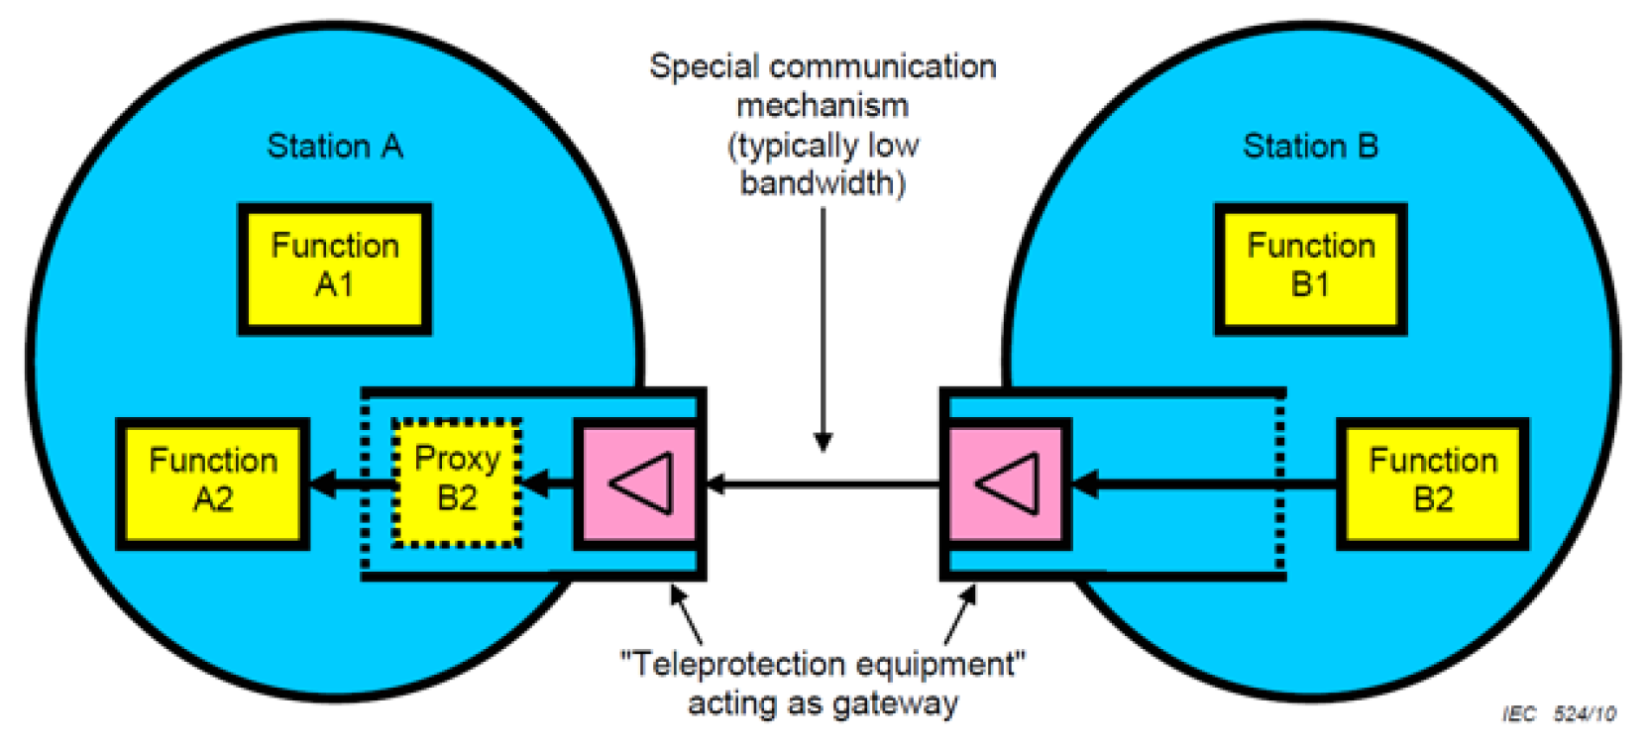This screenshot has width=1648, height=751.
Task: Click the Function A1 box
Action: click(x=334, y=268)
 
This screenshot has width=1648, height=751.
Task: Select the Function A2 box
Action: click(x=212, y=483)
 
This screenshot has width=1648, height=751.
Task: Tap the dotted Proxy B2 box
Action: click(x=456, y=483)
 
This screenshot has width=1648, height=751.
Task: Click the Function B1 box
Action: click(x=1310, y=268)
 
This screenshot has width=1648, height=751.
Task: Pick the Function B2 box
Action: click(x=1432, y=483)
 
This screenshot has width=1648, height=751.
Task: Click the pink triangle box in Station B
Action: click(x=1005, y=483)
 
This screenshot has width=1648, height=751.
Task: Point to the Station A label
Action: click(x=334, y=147)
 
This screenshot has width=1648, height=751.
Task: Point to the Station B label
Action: click(x=1310, y=147)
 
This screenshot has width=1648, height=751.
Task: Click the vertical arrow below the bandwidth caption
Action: click(x=823, y=327)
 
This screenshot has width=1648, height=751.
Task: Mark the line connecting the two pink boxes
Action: click(x=823, y=484)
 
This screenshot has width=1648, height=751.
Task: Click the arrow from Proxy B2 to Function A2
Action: click(x=352, y=484)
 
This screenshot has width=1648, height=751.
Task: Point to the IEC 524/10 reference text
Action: click(x=1559, y=713)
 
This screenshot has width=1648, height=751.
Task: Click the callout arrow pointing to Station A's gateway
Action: click(x=686, y=615)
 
